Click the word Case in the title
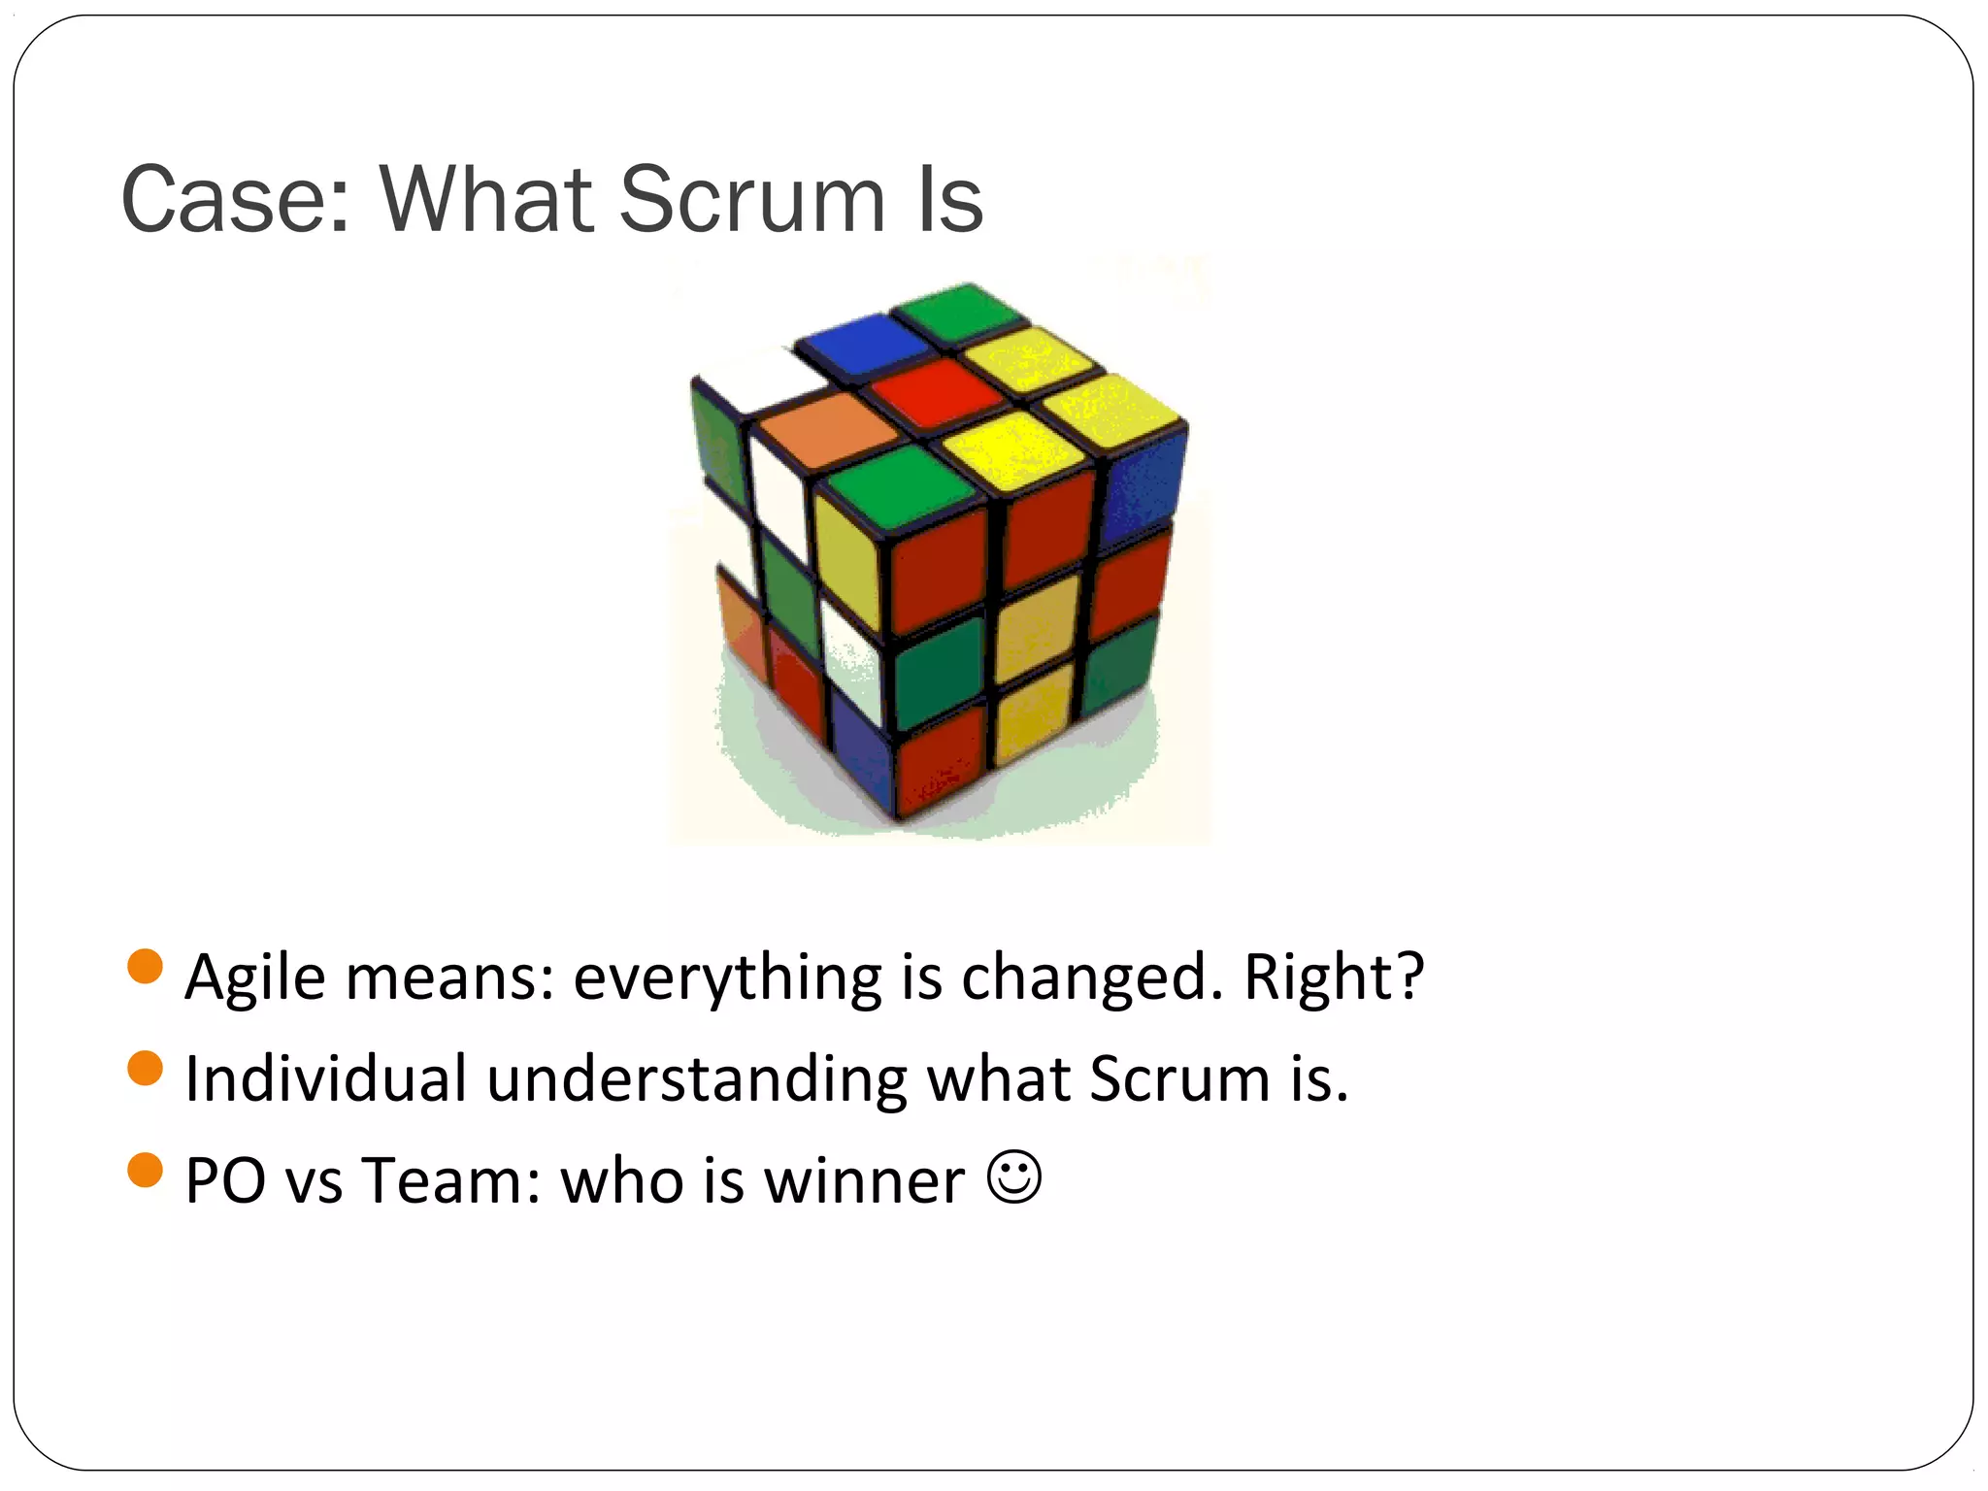tap(233, 200)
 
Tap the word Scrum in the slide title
tap(752, 200)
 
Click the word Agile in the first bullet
tap(254, 977)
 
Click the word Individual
tap(325, 1078)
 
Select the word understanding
tap(697, 1080)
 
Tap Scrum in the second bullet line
tap(1178, 1078)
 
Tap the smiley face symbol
tap(1014, 1177)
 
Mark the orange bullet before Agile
tap(145, 967)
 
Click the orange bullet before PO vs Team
tap(145, 1170)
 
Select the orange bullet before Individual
tap(145, 1069)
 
